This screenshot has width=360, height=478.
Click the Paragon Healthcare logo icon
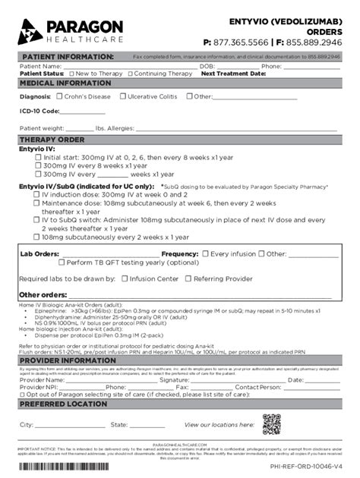[30, 30]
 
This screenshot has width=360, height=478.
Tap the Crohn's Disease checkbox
[59, 97]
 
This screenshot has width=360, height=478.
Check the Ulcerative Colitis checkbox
[122, 97]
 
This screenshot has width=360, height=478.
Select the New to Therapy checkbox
[71, 74]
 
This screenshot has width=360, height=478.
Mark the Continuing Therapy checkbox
[131, 74]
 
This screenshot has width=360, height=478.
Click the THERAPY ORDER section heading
[52, 140]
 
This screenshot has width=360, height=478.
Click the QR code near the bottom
[271, 424]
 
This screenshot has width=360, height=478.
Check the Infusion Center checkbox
[125, 278]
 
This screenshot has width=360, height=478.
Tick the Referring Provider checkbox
[189, 278]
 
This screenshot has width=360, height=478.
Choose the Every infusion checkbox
[205, 253]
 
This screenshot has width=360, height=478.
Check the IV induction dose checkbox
[36, 194]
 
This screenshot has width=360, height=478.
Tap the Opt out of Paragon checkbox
[21, 395]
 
